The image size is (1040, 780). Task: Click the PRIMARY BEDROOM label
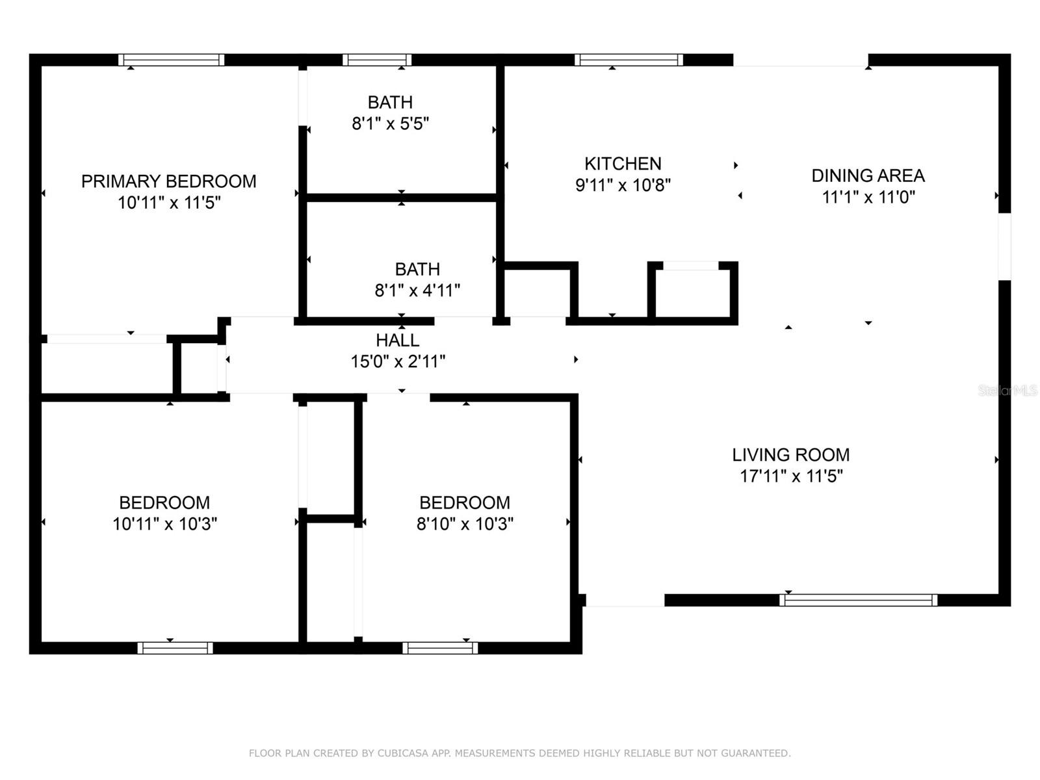tap(168, 181)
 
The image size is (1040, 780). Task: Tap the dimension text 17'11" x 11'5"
tap(791, 476)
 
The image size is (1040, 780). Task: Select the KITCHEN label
tap(623, 164)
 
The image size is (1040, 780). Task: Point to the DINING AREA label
tap(868, 175)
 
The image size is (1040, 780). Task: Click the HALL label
tap(397, 340)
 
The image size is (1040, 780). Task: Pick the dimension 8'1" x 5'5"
tap(390, 123)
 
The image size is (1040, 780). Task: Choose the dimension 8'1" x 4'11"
tap(417, 291)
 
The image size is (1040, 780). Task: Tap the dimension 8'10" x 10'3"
tap(465, 524)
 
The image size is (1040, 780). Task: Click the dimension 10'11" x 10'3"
tap(164, 524)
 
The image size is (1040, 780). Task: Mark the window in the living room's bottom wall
tap(858, 600)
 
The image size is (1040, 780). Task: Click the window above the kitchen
tap(629, 60)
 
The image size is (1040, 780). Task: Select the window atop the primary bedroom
tap(171, 60)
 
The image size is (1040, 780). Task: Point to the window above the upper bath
tap(377, 60)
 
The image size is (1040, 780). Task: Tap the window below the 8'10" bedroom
tap(440, 648)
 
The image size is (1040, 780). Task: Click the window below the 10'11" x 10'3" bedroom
tap(175, 648)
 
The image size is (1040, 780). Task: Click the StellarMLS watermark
tap(1007, 391)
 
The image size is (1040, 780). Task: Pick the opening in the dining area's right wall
tap(1004, 246)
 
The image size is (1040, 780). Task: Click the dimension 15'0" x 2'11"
tap(398, 361)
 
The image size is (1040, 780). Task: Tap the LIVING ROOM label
tap(790, 455)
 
